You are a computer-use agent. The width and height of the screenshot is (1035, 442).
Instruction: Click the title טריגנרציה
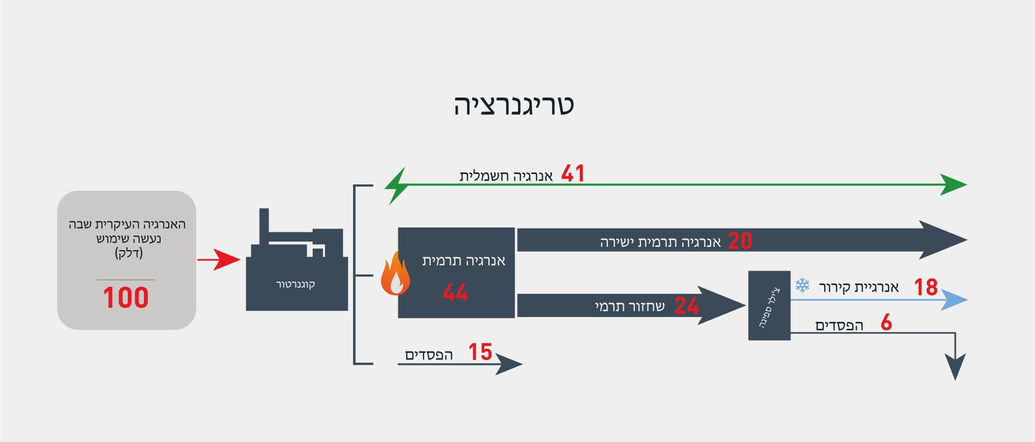click(514, 105)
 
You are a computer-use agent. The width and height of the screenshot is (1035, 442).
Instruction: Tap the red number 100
click(126, 298)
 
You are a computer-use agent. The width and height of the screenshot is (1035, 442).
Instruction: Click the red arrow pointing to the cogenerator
click(219, 260)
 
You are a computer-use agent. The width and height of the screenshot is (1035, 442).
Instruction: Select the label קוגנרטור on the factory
click(295, 284)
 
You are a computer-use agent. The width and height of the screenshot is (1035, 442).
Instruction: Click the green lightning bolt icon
click(396, 185)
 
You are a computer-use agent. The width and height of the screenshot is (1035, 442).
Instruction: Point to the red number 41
click(573, 174)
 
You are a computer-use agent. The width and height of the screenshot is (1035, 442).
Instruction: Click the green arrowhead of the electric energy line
click(954, 184)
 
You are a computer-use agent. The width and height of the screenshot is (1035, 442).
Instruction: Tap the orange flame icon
click(395, 273)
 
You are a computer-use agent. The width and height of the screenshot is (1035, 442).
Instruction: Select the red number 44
click(456, 293)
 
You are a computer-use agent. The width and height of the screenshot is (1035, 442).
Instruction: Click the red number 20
click(740, 241)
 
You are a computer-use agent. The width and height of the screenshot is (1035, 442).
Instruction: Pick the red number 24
click(687, 306)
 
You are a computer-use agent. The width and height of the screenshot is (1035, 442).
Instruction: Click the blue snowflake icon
click(803, 285)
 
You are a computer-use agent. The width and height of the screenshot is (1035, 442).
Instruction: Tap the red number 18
click(926, 287)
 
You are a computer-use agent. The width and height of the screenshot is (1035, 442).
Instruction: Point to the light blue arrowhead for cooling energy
click(955, 300)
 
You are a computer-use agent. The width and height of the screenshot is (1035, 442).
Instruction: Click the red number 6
click(886, 322)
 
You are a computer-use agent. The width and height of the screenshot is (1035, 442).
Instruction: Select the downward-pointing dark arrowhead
click(955, 367)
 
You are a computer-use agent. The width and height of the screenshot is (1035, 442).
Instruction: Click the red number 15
click(480, 352)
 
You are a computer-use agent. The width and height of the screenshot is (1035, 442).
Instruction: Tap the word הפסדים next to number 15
click(429, 355)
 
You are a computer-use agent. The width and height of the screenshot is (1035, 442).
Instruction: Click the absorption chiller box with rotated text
click(769, 305)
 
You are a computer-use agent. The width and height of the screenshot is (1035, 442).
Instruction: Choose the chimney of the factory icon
click(264, 227)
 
